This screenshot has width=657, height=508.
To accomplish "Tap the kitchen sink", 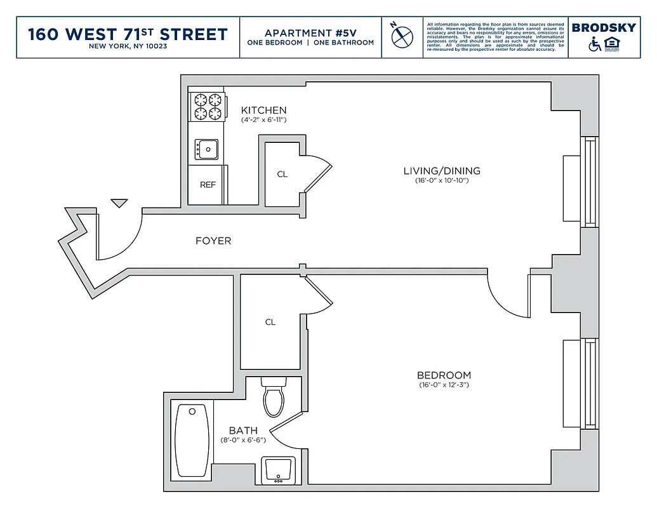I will click(x=206, y=150).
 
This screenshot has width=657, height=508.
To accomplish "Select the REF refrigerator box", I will click(x=208, y=185).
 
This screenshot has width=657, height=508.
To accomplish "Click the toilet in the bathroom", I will click(x=274, y=398).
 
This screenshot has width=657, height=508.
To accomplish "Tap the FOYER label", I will click(x=213, y=241).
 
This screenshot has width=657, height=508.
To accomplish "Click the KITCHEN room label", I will click(x=263, y=110).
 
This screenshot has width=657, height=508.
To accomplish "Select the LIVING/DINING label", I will click(x=442, y=171).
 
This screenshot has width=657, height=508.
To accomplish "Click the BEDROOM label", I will click(x=444, y=375).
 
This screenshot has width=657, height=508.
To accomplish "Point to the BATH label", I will click(x=243, y=431).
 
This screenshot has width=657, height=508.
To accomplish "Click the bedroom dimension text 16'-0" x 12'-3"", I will click(x=444, y=385).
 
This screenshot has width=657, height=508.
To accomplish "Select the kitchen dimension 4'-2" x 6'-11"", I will click(x=263, y=119).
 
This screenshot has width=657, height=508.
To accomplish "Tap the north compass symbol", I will click(x=402, y=37).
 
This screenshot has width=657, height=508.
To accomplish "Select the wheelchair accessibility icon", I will click(x=595, y=44).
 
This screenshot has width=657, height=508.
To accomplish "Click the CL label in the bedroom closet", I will click(x=270, y=322).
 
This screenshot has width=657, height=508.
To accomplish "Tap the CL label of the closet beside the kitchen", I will click(x=282, y=174).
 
